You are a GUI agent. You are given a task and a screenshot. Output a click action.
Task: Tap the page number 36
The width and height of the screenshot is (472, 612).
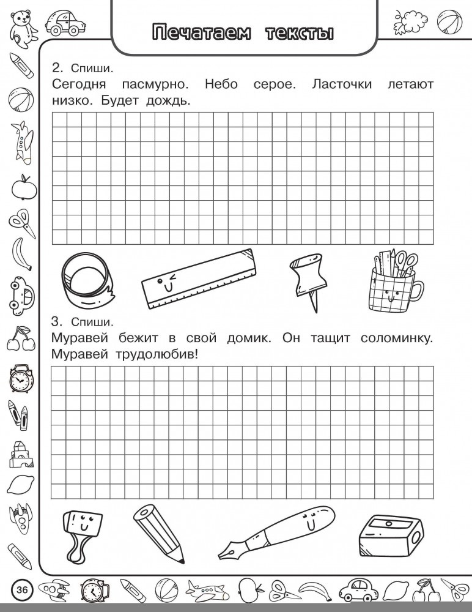22,591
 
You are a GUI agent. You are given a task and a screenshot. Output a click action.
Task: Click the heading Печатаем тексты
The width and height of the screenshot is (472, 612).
243,32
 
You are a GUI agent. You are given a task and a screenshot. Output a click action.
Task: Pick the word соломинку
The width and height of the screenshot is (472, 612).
388,338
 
